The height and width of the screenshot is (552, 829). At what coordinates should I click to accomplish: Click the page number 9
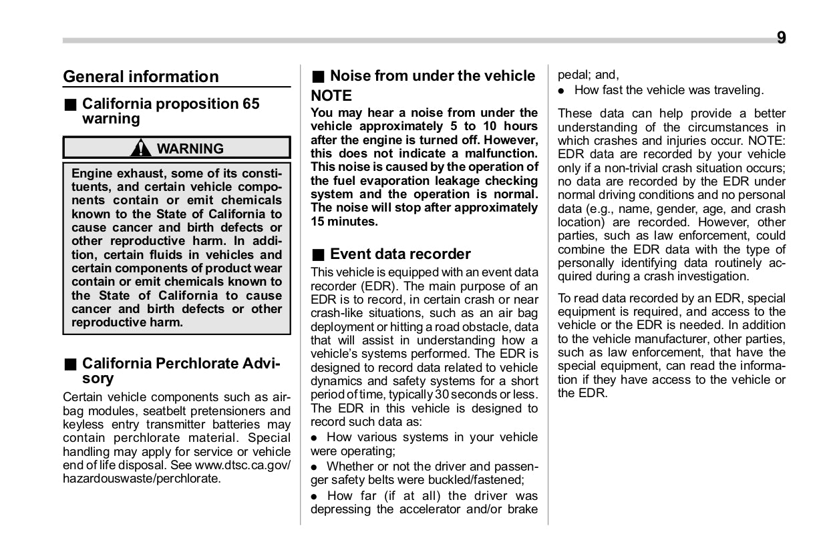pos(781,38)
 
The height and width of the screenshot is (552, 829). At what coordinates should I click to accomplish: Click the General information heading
pos(140,77)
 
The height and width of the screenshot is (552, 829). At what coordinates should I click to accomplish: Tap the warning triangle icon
pos(140,148)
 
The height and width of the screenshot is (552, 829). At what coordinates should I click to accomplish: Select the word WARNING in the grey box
pos(190,149)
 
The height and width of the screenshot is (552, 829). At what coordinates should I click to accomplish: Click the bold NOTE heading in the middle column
pos(331,95)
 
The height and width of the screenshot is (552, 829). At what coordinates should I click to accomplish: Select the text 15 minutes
pos(344,222)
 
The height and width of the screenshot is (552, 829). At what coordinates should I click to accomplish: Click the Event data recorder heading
pos(400,254)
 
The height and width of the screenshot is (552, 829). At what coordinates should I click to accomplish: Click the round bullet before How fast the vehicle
pos(562,90)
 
